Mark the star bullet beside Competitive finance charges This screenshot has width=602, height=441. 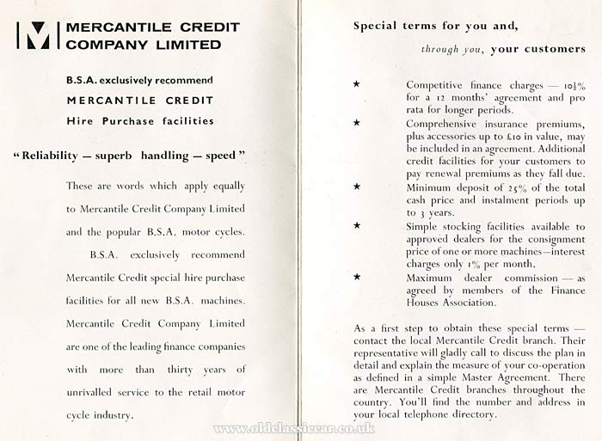click(x=355, y=85)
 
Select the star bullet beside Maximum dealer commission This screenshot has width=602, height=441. click(x=355, y=277)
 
